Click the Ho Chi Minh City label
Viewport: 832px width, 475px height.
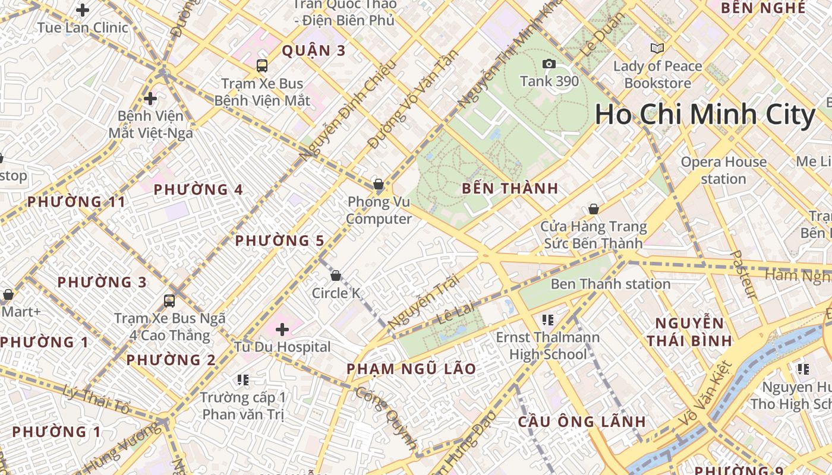[705, 115]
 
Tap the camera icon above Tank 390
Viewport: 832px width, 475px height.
[549, 64]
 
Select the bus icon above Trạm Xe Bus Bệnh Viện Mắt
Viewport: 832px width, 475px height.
[262, 66]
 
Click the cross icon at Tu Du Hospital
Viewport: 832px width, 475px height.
[282, 329]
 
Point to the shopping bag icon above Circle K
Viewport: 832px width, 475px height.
[336, 275]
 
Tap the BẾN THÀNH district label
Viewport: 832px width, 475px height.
[510, 189]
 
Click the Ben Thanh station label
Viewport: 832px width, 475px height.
[610, 284]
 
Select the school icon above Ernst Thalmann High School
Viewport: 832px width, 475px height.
[547, 321]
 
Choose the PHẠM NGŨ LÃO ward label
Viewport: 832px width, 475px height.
[411, 369]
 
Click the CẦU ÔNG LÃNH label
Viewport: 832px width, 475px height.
[581, 422]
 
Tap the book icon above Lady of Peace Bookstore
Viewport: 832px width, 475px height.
[657, 49]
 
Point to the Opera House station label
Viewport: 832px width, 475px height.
[723, 170]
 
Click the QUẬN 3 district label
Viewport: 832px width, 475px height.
[313, 50]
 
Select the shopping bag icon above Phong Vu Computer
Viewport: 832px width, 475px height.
[379, 184]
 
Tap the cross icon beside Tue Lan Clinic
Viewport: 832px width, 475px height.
[83, 10]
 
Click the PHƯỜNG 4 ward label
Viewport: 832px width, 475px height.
[198, 190]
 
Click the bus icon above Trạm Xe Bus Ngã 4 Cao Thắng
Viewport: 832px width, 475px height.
[169, 301]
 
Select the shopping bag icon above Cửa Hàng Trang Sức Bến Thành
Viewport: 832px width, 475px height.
[593, 209]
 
